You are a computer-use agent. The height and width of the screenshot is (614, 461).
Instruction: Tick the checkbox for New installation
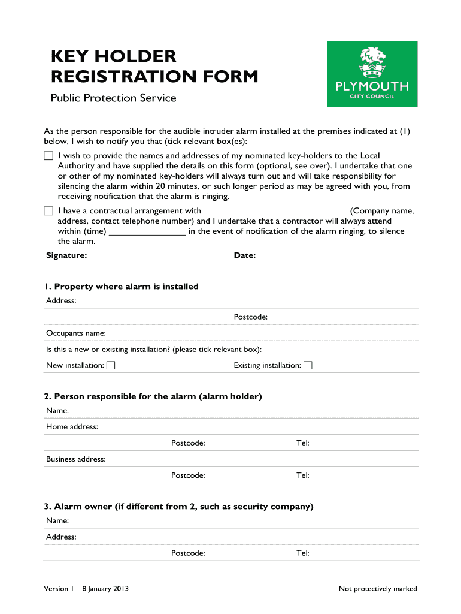[x=111, y=365]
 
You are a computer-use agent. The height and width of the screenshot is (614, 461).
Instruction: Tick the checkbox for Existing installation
[x=308, y=365]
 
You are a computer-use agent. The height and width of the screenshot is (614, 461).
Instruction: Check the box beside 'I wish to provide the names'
[x=48, y=156]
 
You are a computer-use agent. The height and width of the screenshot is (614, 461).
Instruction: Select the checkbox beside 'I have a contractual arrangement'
[x=48, y=211]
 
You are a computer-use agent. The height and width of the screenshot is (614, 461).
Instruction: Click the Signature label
[x=66, y=255]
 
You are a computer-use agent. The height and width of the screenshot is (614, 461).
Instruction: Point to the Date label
[x=245, y=255]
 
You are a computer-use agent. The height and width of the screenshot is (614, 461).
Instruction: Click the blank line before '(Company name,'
[x=275, y=212]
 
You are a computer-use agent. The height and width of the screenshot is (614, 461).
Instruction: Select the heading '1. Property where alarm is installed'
[x=122, y=287]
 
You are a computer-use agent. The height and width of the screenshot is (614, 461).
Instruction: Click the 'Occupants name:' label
[x=76, y=333]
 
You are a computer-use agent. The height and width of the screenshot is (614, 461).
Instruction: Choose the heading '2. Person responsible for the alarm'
[x=153, y=396]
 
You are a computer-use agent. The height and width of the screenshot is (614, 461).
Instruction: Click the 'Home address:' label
[x=72, y=427]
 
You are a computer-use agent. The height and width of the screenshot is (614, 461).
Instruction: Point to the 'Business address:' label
[x=76, y=459]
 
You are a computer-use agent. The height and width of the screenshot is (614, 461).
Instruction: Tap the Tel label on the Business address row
[x=302, y=475]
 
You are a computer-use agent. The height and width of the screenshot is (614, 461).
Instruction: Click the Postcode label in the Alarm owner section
[x=188, y=553]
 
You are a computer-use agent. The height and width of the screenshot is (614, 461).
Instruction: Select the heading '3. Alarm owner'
[x=178, y=507]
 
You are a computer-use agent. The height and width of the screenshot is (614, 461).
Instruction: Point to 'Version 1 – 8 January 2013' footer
[x=86, y=589]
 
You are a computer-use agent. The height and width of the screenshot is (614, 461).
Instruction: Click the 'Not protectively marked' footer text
[x=378, y=589]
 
